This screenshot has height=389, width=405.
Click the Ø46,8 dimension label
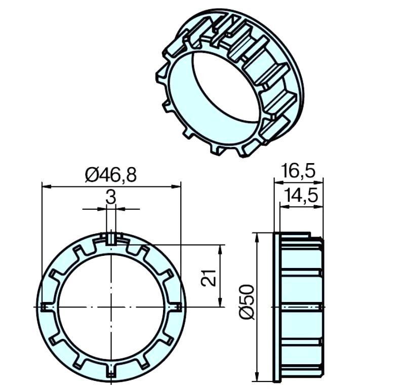click(110, 175)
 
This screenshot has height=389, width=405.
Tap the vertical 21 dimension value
click(209, 278)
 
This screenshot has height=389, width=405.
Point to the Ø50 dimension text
click(246, 302)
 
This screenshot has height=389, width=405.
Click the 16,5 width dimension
click(299, 171)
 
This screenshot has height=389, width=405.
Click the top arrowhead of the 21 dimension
click(220, 249)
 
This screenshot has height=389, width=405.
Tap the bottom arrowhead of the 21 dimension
click(220, 303)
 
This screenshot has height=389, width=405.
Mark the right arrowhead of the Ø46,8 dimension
click(176, 186)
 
